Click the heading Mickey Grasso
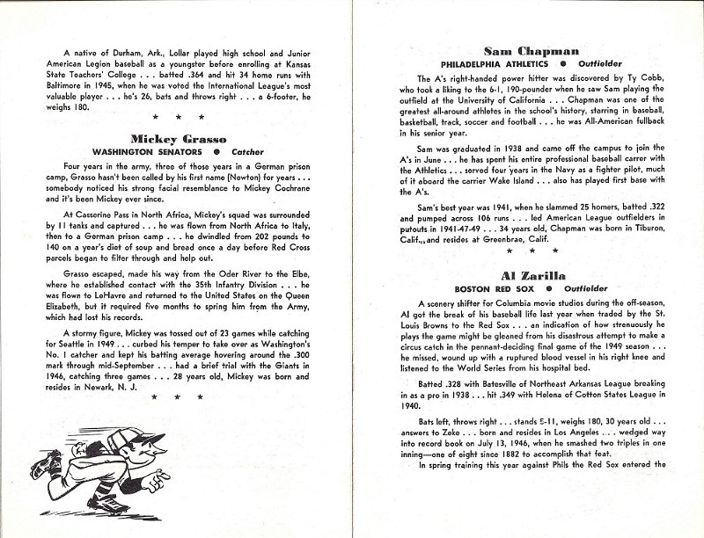pos(178,139)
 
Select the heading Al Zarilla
pos(523,275)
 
